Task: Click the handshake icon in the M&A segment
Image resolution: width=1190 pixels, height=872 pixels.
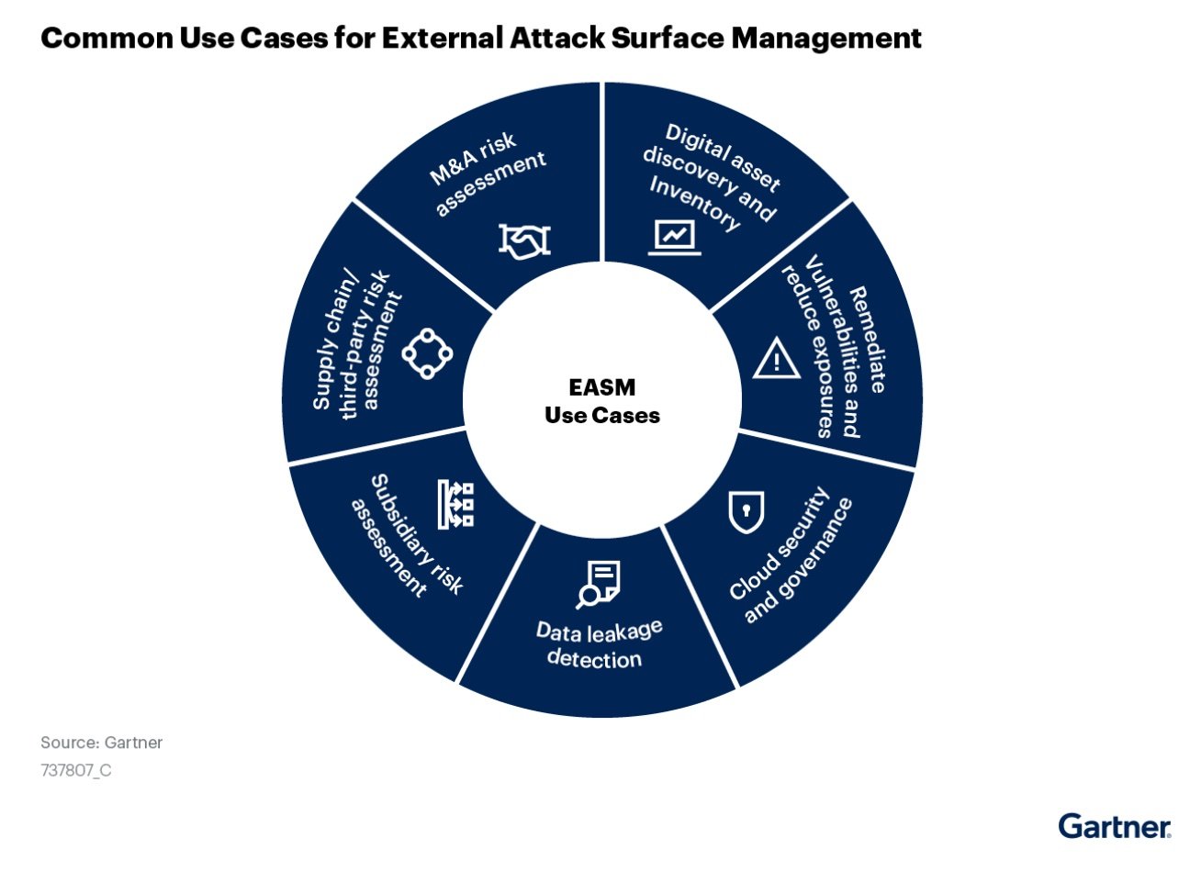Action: click(x=524, y=240)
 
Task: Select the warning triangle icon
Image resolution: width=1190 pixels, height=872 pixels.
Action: click(x=777, y=358)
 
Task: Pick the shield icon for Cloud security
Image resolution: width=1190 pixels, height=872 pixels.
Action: click(x=746, y=511)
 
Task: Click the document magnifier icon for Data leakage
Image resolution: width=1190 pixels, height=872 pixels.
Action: click(x=599, y=585)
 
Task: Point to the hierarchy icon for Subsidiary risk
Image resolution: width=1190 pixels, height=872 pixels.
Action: click(x=455, y=503)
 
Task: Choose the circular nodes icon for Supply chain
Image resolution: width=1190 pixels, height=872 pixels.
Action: click(x=428, y=352)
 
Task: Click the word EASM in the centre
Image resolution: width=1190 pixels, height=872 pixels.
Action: click(x=601, y=387)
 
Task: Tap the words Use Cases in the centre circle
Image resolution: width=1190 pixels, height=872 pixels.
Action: click(x=601, y=416)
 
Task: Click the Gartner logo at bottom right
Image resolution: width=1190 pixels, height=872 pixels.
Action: click(x=1114, y=825)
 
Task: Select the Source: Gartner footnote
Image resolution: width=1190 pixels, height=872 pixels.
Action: click(x=101, y=743)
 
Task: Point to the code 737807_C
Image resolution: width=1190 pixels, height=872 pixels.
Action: click(x=75, y=770)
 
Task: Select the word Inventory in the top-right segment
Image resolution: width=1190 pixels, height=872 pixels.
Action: click(x=694, y=204)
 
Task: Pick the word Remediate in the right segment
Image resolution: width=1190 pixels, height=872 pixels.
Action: click(x=869, y=340)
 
